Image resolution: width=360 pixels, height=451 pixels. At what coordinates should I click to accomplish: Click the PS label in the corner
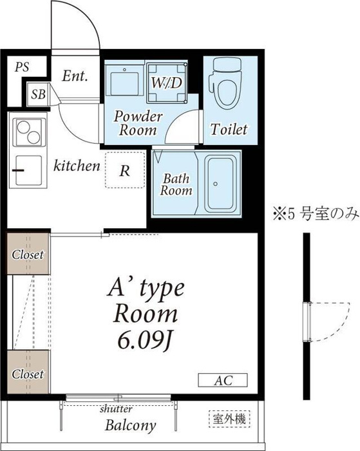pos(22,67)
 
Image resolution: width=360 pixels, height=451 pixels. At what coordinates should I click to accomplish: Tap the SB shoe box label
pos(38,94)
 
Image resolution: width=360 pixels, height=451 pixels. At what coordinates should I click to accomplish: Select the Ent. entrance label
pos(75,76)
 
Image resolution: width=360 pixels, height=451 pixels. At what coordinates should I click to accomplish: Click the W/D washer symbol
pos(167,83)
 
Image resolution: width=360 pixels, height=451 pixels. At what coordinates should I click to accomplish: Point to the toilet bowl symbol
pos(226,83)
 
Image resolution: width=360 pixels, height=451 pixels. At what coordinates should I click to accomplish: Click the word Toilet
pos(229,130)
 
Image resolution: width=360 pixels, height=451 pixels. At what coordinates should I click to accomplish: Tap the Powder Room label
pos(138,123)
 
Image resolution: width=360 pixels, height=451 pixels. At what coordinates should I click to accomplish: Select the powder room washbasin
pos(124,81)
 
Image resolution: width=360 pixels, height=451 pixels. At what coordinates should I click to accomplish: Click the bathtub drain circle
pos(215,184)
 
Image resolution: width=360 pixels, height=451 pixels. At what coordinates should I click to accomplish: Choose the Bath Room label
pos(176,184)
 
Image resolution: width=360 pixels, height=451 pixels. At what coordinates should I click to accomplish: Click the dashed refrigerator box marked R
pos(125,170)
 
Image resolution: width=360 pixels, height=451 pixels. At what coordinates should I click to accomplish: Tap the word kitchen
pos(77,166)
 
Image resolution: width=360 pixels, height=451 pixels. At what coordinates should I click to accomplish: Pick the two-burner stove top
pos(28,132)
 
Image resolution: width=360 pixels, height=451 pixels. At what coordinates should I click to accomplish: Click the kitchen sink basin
pos(28,171)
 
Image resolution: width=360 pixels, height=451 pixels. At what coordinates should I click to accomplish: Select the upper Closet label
pos(28,254)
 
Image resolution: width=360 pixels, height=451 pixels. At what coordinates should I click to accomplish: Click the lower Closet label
pos(28,374)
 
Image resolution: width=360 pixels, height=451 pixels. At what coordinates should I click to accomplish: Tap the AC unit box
pos(223,380)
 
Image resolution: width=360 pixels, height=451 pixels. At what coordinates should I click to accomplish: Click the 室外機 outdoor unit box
pos(229,419)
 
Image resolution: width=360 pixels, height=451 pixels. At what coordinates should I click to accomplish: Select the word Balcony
pos(131,425)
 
